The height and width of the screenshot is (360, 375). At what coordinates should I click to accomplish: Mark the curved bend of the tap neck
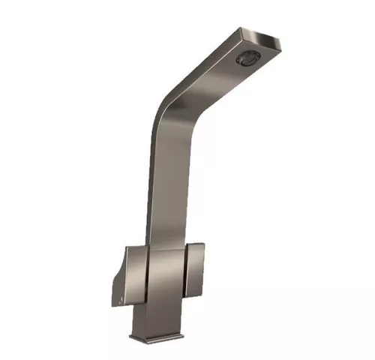(x=166, y=112)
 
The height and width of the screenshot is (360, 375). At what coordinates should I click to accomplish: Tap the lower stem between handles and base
(x=154, y=319)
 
